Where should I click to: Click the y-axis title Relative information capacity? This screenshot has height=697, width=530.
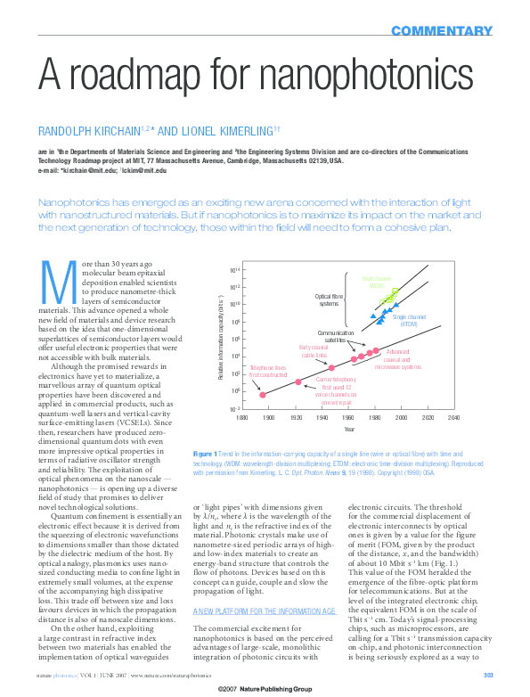click(x=220, y=339)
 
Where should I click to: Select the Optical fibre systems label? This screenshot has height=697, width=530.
click(x=329, y=299)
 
